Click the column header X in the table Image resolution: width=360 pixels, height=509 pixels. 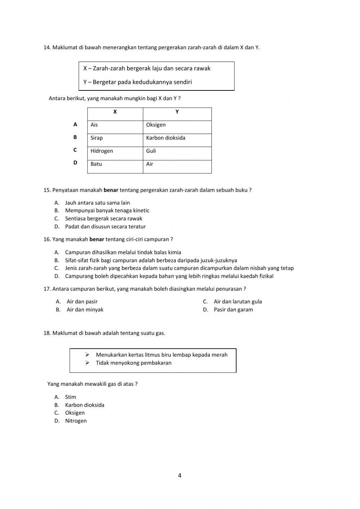(x=115, y=112)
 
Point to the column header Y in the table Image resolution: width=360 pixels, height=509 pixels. (x=177, y=112)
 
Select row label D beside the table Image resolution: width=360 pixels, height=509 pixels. (x=75, y=162)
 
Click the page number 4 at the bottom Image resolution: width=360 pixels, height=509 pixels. (x=180, y=475)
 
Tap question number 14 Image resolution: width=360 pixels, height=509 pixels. (x=47, y=47)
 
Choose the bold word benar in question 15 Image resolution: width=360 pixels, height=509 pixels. (x=111, y=190)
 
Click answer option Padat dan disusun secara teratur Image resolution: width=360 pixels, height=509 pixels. (x=105, y=227)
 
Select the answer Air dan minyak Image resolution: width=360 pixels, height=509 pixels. (x=85, y=309)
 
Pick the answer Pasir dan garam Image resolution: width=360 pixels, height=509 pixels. (x=233, y=309)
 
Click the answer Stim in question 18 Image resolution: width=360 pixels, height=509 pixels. (x=71, y=397)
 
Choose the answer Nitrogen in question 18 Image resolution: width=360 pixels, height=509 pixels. (x=76, y=421)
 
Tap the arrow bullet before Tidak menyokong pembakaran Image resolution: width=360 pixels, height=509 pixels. (x=87, y=363)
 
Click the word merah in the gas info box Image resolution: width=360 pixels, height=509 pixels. (x=219, y=355)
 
